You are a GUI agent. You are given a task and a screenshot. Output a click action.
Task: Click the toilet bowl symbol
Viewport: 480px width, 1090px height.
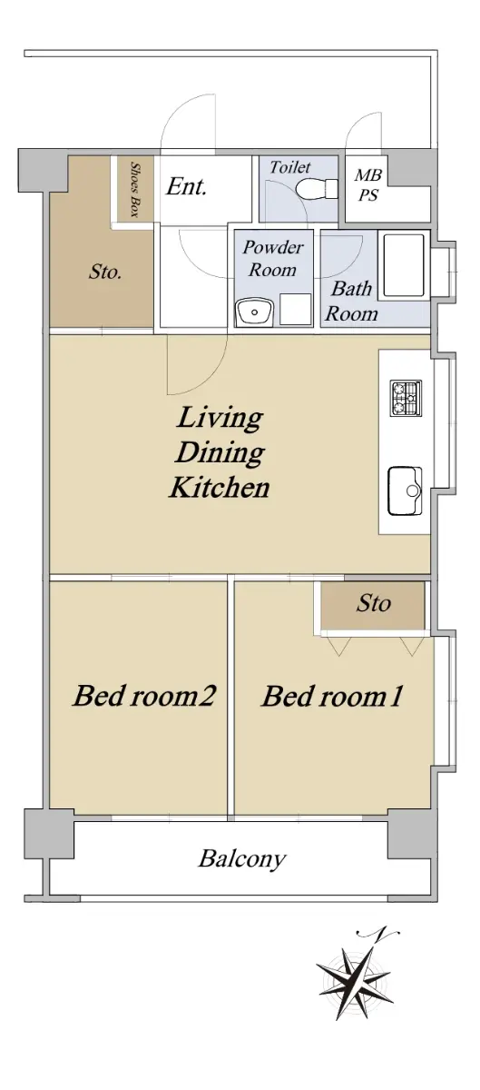tap(317, 188)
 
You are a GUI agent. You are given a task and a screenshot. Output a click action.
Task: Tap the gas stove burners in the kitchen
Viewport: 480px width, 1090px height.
tap(406, 398)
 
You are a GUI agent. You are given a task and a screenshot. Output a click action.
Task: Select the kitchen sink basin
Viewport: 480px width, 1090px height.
tap(405, 490)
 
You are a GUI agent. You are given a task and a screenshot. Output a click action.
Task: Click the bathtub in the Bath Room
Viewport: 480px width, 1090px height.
tap(404, 266)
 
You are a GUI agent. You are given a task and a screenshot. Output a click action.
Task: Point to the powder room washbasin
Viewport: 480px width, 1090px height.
tap(255, 312)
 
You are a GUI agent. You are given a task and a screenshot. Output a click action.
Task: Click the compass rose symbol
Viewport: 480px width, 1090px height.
tap(355, 981)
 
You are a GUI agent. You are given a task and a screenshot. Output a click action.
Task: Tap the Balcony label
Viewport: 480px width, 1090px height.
tap(241, 859)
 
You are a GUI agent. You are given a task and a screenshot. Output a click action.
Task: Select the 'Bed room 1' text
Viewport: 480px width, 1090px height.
tap(333, 696)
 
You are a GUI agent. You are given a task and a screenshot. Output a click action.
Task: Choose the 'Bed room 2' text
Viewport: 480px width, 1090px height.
tap(144, 696)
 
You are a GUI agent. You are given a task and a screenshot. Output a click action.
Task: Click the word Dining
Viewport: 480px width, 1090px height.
tap(220, 452)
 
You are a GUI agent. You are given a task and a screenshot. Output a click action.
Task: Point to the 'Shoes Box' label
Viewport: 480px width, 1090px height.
tap(134, 189)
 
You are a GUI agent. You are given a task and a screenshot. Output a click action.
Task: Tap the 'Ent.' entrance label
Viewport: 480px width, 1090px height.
tap(187, 186)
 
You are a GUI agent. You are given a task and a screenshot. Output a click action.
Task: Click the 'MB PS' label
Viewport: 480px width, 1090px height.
tap(368, 185)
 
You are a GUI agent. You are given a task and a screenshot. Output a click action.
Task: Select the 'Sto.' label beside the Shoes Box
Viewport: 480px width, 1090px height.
tap(105, 272)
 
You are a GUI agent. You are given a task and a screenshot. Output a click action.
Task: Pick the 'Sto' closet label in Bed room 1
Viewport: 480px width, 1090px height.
tap(374, 603)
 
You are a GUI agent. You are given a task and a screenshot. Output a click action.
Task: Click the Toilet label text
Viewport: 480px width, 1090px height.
tap(290, 167)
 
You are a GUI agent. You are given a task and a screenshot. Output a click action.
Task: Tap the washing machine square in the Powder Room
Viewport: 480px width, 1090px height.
tap(296, 309)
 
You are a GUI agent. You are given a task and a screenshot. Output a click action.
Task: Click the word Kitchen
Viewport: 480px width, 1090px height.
tap(220, 488)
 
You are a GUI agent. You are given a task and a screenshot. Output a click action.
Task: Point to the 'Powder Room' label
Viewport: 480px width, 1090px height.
tap(273, 258)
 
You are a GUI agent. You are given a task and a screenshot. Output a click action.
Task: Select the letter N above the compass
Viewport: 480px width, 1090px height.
tap(377, 934)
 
